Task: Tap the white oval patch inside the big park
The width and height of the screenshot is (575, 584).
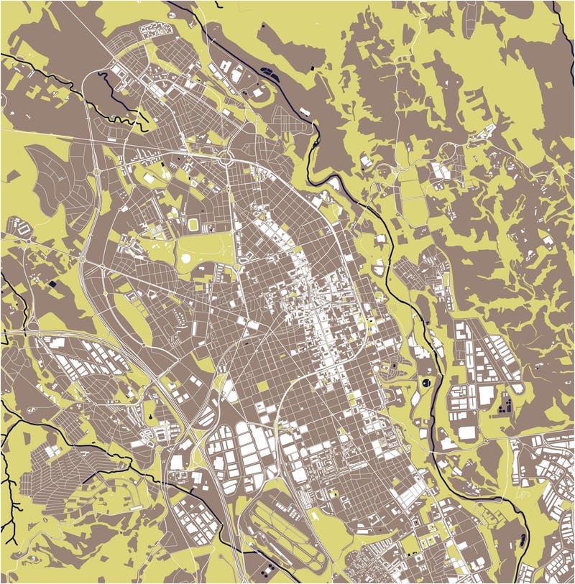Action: click(x=185, y=256)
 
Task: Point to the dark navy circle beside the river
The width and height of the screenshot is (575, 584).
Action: click(x=427, y=381)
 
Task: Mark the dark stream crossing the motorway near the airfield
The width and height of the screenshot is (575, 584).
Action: click(x=194, y=488)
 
